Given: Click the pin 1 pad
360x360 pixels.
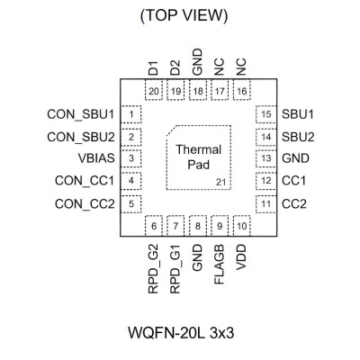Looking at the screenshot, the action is click(130, 114).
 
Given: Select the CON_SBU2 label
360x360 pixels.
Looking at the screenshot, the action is click(81, 137).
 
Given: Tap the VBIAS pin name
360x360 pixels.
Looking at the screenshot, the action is click(96, 158).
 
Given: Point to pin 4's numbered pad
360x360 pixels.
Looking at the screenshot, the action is click(130, 181).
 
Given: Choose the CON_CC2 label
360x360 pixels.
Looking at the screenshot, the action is click(85, 204).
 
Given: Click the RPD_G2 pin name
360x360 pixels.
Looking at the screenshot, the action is click(153, 269).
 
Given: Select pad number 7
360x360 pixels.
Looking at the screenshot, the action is click(175, 226).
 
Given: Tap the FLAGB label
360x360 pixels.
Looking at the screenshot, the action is click(220, 265).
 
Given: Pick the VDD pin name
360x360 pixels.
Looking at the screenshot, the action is click(241, 257).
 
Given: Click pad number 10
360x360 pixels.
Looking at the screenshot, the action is click(242, 226).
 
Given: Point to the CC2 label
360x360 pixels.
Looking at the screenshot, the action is click(294, 204).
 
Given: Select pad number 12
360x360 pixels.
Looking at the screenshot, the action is click(266, 181).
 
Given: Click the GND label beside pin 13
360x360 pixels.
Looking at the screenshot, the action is click(295, 158).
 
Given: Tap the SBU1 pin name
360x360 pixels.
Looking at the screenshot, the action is click(298, 114).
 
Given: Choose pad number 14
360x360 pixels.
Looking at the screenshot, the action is click(266, 137).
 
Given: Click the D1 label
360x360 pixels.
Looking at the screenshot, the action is click(153, 68).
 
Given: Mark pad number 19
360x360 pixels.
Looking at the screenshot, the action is click(175, 90).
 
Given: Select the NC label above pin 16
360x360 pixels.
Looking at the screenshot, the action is click(241, 67).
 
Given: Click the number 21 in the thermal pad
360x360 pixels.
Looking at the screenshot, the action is click(220, 182).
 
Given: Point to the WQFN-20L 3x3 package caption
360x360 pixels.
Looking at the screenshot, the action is click(181, 333).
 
